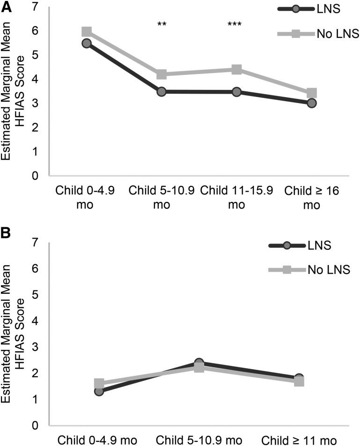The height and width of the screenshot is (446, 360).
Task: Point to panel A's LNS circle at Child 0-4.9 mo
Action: pos(86,43)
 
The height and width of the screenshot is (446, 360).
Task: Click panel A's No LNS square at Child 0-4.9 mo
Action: pos(86,32)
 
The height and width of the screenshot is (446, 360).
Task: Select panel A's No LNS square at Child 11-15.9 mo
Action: pos(236,70)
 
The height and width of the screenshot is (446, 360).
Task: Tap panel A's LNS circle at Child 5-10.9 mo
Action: pos(162,91)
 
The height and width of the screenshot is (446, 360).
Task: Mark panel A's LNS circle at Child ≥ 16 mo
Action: pos(311,103)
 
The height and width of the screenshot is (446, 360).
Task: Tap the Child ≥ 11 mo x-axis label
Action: pos(299,440)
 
